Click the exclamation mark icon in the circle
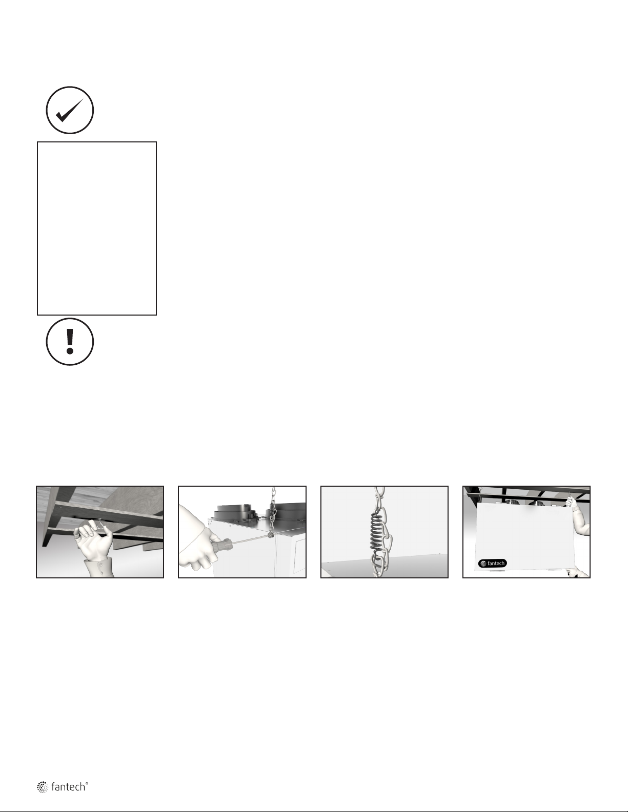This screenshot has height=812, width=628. click(70, 342)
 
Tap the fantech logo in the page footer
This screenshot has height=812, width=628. click(63, 786)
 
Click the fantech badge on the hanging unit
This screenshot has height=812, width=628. click(492, 563)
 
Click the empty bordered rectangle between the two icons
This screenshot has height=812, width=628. click(97, 228)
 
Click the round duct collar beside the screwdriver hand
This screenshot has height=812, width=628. click(235, 512)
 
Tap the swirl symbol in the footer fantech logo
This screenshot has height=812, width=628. click(42, 787)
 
